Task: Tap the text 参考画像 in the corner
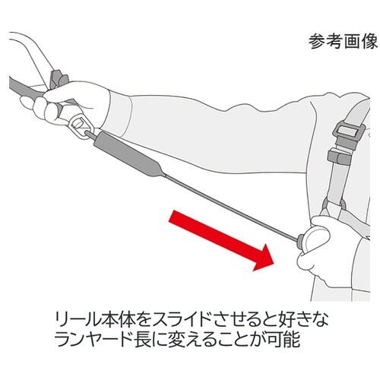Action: click(343, 41)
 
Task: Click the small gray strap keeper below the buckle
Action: click(337, 157)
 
